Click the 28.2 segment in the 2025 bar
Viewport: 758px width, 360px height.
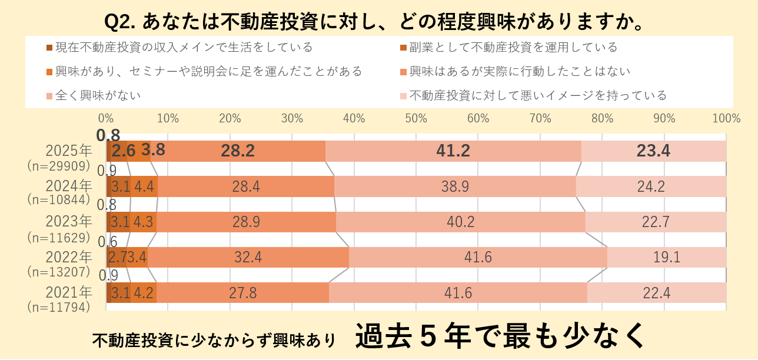pyautogui.click(x=238, y=151)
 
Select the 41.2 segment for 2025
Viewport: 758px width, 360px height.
pyautogui.click(x=453, y=151)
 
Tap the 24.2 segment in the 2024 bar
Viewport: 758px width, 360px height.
pyautogui.click(x=651, y=187)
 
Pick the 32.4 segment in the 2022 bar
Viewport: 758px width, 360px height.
pyautogui.click(x=248, y=258)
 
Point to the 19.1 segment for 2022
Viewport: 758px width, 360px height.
pyautogui.click(x=667, y=258)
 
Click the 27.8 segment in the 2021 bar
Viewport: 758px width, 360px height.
pyautogui.click(x=242, y=293)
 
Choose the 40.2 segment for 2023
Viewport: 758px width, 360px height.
pyautogui.click(x=460, y=222)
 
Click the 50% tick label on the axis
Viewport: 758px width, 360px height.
pyautogui.click(x=416, y=118)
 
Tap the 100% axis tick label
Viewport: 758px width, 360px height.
pyautogui.click(x=726, y=118)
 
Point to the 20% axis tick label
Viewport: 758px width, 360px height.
pyautogui.click(x=230, y=118)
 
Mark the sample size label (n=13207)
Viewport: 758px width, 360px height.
pyautogui.click(x=59, y=272)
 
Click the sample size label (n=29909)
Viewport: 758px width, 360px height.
pyautogui.click(x=59, y=166)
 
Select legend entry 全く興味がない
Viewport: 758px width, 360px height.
pyautogui.click(x=98, y=95)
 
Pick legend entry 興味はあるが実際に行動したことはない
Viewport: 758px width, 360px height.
pyautogui.click(x=520, y=71)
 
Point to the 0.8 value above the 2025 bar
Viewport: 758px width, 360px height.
pyautogui.click(x=108, y=135)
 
